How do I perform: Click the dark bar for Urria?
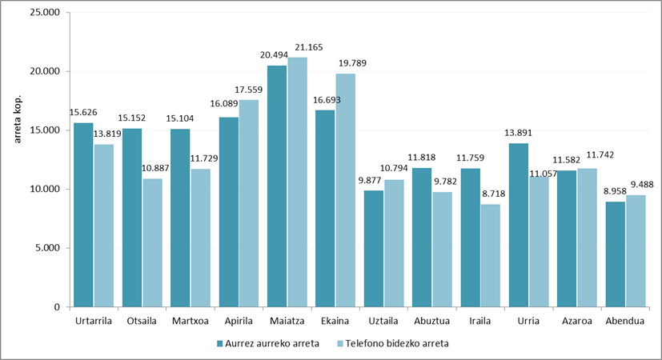click(x=518, y=225)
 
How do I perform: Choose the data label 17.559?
click(x=249, y=92)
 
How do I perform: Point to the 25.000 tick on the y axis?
click(x=44, y=13)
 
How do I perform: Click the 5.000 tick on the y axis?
click(x=47, y=248)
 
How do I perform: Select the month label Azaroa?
click(x=576, y=322)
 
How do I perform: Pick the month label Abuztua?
click(x=431, y=322)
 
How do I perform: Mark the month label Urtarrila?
click(x=94, y=322)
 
